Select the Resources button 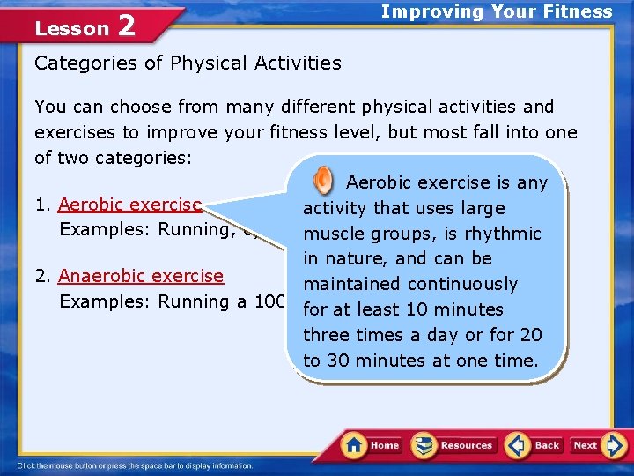453,445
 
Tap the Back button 534,445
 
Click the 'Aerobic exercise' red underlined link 130,205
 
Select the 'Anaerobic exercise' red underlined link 141,276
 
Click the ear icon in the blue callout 323,182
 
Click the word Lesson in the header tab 71,28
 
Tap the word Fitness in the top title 578,11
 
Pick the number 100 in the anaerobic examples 269,301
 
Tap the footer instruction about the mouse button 136,465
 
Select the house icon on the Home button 354,444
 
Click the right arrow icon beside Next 616,445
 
